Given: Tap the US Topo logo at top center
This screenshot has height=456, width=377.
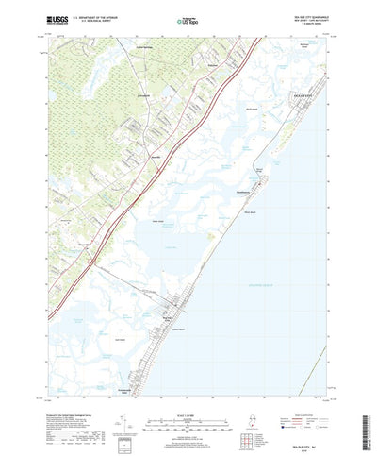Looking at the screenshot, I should pyautogui.click(x=188, y=18).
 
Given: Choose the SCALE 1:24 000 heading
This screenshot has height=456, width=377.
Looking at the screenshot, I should pyautogui.click(x=188, y=400).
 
